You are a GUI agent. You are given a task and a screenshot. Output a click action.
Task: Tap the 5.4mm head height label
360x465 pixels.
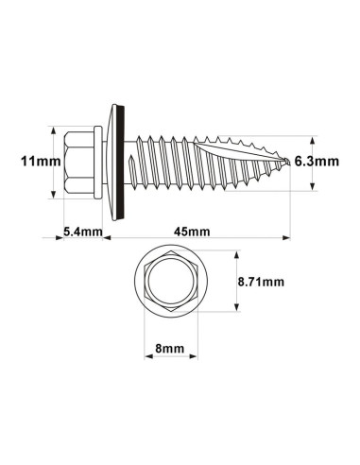tap(82, 231)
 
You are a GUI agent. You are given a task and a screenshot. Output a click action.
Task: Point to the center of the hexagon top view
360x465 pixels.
tap(171, 281)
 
